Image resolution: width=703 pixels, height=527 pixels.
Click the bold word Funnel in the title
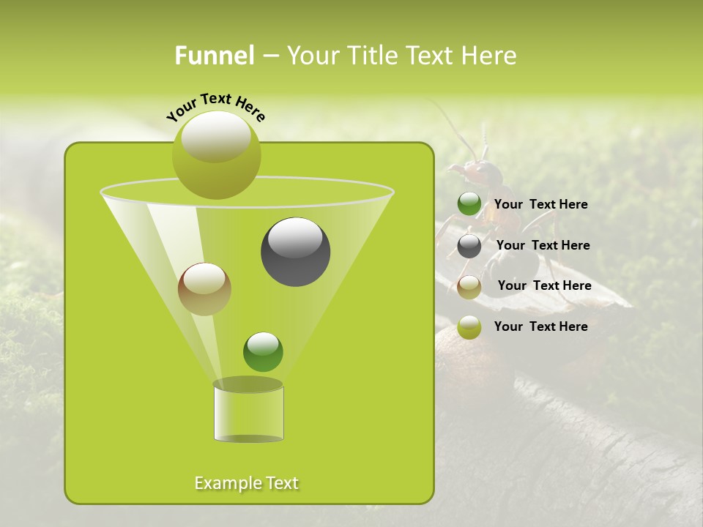[x=215, y=56]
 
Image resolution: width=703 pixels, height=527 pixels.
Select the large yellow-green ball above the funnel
[x=216, y=154]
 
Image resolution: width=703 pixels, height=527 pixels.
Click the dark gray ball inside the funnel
[x=295, y=252]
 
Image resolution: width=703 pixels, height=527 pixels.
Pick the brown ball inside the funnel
[x=204, y=289]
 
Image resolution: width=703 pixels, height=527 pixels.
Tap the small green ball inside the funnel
[x=263, y=352]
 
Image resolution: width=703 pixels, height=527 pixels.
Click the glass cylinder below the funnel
[x=248, y=411]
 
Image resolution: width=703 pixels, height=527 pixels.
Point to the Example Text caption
[x=247, y=483]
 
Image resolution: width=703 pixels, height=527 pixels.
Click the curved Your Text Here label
[x=215, y=107]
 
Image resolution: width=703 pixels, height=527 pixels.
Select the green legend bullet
[x=469, y=204]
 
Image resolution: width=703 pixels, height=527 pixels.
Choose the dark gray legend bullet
[x=469, y=246]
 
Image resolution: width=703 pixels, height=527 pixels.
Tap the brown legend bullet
[x=469, y=287]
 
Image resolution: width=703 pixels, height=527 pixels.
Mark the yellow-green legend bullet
[x=469, y=328]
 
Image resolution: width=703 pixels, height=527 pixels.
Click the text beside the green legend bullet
[x=540, y=204]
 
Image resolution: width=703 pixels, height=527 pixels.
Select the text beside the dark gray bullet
[x=543, y=245]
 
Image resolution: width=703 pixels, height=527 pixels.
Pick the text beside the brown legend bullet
[x=544, y=285]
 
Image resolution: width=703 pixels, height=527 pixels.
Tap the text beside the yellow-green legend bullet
[x=540, y=326]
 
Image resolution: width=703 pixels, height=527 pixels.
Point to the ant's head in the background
[x=483, y=172]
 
